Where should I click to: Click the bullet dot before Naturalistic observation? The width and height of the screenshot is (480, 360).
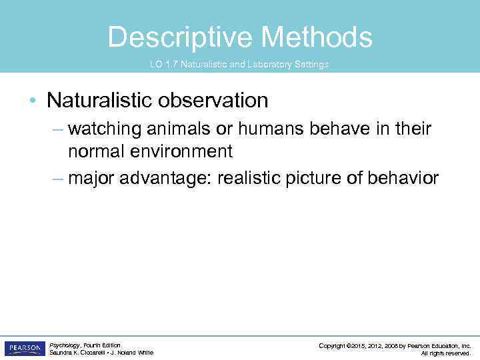point(32,101)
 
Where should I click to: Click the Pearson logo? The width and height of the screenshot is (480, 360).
point(25,349)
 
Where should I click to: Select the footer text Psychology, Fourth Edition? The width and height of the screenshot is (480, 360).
point(85,345)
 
